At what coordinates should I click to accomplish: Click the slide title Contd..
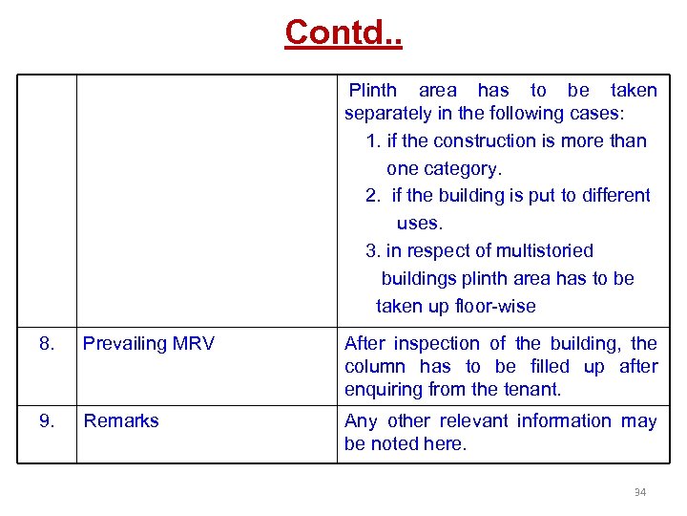tap(343, 32)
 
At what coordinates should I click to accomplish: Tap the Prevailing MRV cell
tap(149, 344)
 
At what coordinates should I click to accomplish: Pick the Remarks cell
tap(121, 420)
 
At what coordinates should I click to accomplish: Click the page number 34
tap(640, 492)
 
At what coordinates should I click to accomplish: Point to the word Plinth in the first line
tap(373, 91)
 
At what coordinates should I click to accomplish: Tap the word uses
tap(420, 223)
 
